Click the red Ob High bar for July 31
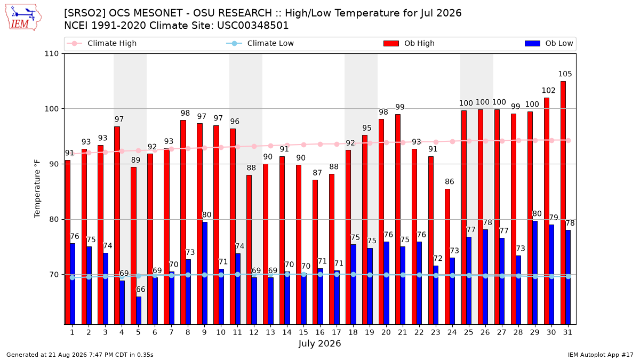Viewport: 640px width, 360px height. click(x=563, y=203)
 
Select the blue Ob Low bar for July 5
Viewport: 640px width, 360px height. click(x=139, y=310)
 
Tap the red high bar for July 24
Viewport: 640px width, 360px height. click(x=447, y=257)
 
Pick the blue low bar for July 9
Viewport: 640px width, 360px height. click(x=205, y=274)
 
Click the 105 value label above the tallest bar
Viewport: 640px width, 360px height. click(x=565, y=74)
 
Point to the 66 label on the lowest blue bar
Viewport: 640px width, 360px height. click(x=141, y=290)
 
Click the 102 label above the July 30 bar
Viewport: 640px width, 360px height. click(x=549, y=91)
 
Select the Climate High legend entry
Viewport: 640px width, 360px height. click(x=102, y=43)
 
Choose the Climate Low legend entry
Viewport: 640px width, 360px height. click(x=260, y=43)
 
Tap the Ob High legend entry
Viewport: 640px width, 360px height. click(x=409, y=43)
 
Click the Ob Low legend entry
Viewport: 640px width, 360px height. click(x=549, y=43)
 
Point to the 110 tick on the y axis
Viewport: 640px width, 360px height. click(x=51, y=54)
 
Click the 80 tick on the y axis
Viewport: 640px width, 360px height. click(x=54, y=219)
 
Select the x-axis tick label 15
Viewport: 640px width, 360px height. click(x=303, y=333)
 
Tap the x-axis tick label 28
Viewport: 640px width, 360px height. click(x=518, y=333)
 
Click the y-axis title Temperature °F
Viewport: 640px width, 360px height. click(x=37, y=189)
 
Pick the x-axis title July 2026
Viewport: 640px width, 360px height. click(x=319, y=343)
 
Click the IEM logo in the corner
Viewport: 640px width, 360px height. click(x=23, y=18)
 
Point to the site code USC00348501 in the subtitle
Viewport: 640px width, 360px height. click(x=253, y=26)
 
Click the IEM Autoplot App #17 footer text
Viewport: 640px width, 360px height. click(x=601, y=355)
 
